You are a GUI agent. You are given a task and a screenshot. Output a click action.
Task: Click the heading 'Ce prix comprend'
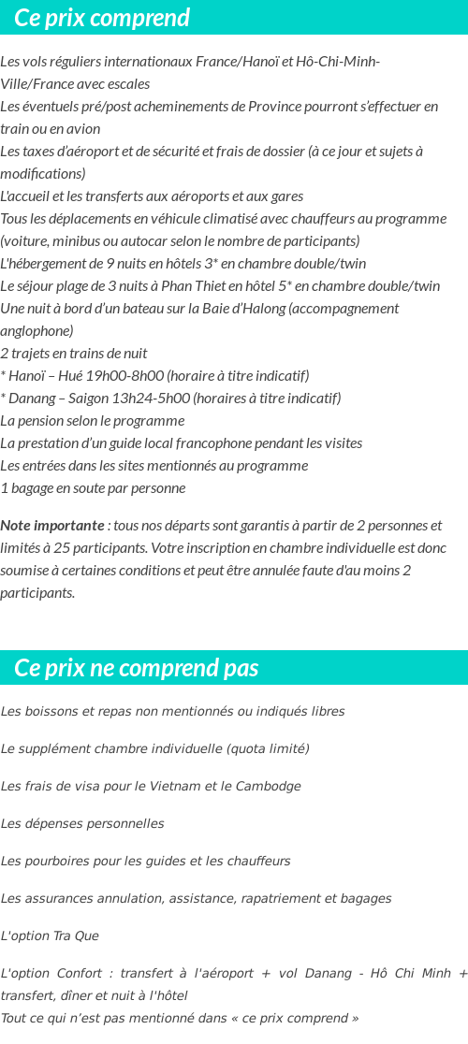(x=102, y=18)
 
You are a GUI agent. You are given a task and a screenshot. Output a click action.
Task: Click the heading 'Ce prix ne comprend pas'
(x=137, y=668)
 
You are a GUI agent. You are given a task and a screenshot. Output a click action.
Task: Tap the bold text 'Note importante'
(x=52, y=526)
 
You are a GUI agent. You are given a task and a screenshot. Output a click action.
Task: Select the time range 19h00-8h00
(x=124, y=376)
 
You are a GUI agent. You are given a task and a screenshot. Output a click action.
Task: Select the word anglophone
(x=37, y=331)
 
